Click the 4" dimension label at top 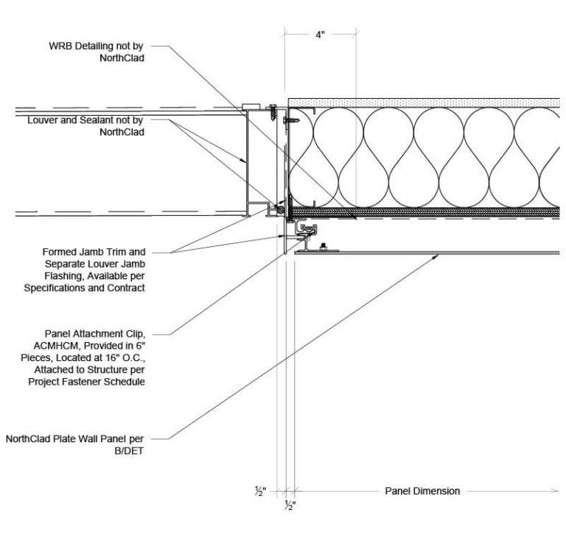coord(319,35)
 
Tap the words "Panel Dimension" coord(422,490)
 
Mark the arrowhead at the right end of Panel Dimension coord(554,490)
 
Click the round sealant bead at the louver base coord(281,211)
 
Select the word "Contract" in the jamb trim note coord(124,287)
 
